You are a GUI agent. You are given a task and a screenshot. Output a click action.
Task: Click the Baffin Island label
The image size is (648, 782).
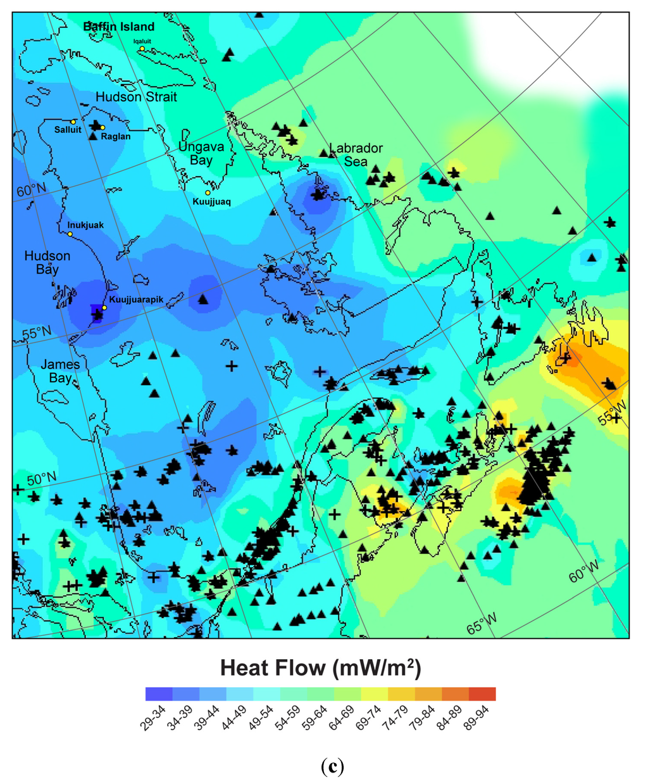(119, 27)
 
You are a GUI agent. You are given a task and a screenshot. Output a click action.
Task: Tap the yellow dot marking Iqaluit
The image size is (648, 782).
(142, 49)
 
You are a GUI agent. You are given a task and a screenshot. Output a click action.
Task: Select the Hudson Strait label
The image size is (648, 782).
(136, 97)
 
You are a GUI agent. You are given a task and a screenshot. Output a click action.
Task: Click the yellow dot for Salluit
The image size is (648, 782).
(73, 122)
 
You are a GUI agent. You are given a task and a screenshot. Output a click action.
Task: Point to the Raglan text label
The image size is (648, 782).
(116, 136)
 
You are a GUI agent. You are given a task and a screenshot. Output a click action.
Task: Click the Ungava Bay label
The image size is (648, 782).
(201, 153)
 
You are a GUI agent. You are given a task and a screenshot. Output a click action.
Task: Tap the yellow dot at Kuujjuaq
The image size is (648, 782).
(207, 192)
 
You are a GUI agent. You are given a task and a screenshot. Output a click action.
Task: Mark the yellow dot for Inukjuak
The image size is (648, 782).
(70, 234)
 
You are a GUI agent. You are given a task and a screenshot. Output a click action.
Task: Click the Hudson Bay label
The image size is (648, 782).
(47, 262)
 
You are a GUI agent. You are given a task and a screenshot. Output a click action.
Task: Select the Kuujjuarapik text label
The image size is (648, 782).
(136, 299)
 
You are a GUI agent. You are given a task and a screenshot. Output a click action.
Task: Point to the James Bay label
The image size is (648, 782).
(60, 371)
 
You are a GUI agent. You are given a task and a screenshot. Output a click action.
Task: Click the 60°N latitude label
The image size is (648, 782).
(31, 190)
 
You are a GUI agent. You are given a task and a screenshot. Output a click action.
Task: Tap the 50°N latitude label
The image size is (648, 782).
(41, 479)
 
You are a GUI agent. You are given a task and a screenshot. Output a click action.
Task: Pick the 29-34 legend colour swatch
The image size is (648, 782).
(159, 694)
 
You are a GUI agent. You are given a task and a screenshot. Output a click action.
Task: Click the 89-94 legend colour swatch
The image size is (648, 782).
(482, 694)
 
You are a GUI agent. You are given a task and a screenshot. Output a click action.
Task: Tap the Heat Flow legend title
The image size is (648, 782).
(320, 667)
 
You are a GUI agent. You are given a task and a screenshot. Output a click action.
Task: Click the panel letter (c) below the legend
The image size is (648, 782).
(332, 767)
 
